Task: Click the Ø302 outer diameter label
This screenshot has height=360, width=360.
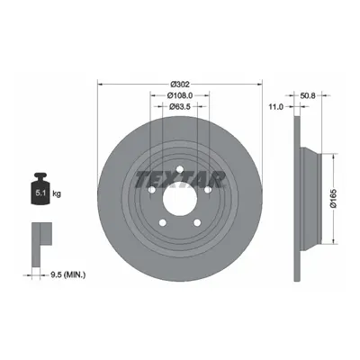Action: (180, 85)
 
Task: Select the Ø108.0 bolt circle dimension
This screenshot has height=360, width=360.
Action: (180, 95)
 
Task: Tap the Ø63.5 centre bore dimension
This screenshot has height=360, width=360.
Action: (180, 106)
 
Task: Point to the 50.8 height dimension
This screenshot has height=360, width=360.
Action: (308, 95)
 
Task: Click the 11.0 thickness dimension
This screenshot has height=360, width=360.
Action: (276, 106)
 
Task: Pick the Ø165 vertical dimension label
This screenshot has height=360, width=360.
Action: (334, 198)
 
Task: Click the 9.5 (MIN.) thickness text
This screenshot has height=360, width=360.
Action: (67, 274)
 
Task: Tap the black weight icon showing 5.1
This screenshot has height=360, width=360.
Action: (40, 189)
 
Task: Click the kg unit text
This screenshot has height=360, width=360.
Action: (57, 193)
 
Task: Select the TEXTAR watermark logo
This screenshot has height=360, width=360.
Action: (180, 180)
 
